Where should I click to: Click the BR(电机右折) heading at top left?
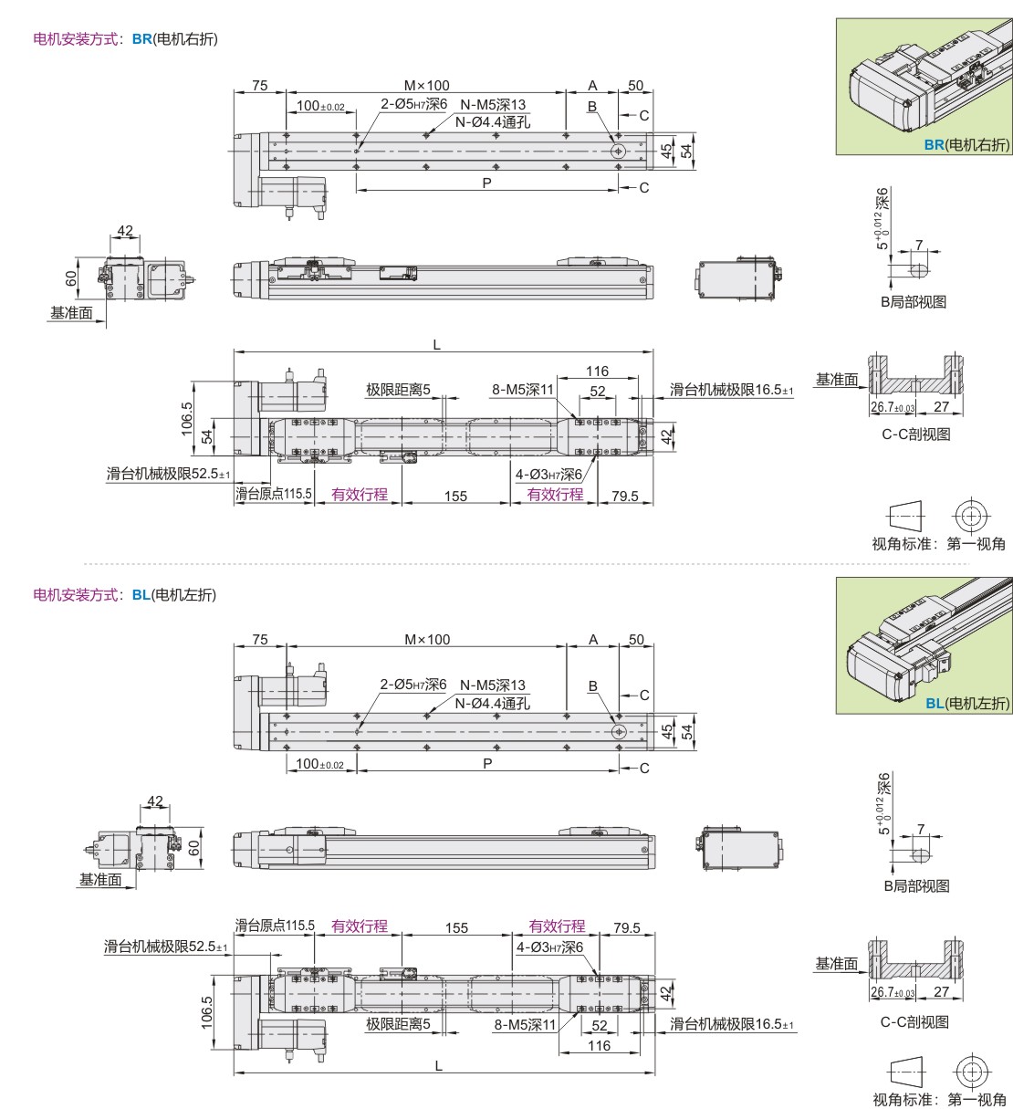(x=125, y=39)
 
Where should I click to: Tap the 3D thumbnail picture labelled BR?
(x=924, y=86)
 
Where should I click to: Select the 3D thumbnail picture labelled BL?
(x=924, y=643)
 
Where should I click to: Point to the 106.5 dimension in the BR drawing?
(x=188, y=419)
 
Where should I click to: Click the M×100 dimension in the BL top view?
(x=427, y=640)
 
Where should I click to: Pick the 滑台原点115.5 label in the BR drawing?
(x=274, y=495)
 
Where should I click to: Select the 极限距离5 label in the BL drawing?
(x=398, y=1025)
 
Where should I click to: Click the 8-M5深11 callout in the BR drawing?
(x=523, y=390)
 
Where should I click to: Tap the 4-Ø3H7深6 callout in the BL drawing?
(x=549, y=947)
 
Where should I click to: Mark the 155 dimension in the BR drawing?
(x=455, y=496)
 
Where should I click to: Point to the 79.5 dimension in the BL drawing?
(x=626, y=927)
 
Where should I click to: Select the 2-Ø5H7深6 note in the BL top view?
(x=413, y=685)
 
